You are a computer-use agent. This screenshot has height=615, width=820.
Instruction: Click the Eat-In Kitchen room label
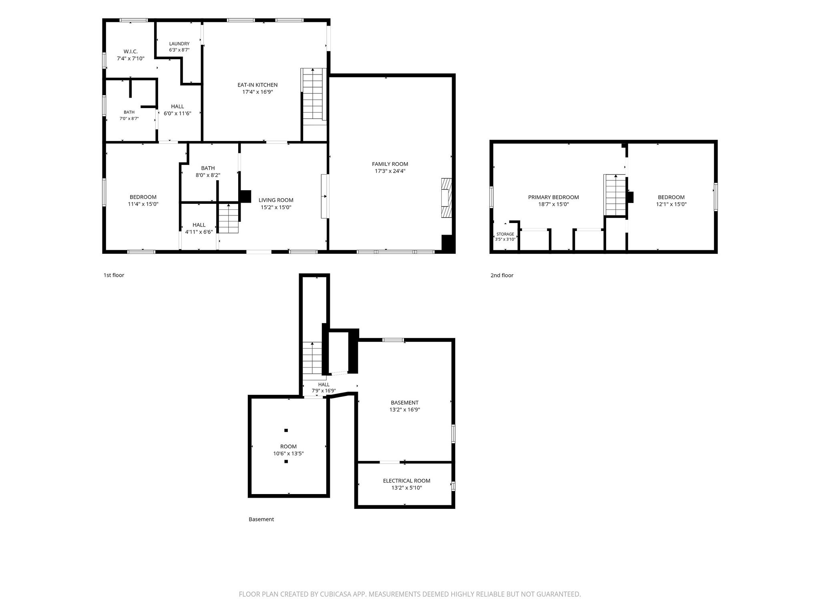coord(257,85)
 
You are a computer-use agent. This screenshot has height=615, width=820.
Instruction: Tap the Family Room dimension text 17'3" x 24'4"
coord(390,171)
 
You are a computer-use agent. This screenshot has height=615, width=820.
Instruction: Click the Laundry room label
coord(179,44)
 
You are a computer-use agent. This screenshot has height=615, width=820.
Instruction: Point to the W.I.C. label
coord(131,51)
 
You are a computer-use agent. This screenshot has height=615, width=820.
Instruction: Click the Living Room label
coord(276,200)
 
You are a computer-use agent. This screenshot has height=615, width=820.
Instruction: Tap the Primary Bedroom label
coord(553,197)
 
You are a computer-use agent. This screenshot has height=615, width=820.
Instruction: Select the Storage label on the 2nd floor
coord(505,234)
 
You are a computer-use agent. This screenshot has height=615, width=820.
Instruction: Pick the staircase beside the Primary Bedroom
coord(615,195)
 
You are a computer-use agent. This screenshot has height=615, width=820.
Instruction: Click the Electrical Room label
coord(406,481)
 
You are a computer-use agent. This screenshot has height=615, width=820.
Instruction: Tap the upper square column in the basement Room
coord(286,430)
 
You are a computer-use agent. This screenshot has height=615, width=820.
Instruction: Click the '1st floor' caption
coord(114,275)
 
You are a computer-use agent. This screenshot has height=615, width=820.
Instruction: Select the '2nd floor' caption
coord(502,275)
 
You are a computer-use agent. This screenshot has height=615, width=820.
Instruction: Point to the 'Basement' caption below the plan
coord(261,519)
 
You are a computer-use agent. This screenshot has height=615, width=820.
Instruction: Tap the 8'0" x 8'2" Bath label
coord(208,175)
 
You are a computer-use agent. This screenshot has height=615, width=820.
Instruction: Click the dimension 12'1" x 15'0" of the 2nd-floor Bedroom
coord(671,204)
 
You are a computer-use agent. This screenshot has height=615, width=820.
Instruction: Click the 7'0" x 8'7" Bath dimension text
coord(129,119)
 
